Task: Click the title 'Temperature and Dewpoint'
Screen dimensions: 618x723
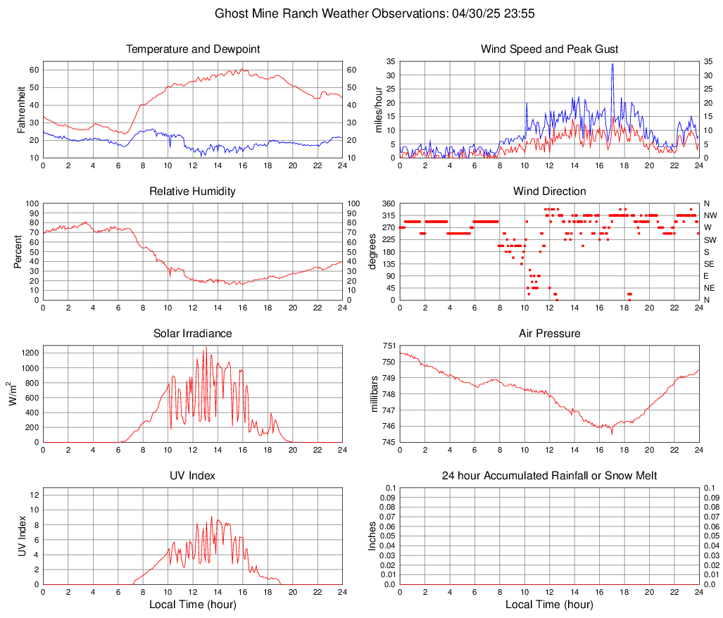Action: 192,49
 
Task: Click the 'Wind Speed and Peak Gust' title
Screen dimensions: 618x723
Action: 549,49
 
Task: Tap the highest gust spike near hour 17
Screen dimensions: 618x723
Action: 612,65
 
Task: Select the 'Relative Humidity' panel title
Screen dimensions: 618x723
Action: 192,191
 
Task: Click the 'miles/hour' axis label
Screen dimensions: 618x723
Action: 378,109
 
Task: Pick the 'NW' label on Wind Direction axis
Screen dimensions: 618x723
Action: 710,215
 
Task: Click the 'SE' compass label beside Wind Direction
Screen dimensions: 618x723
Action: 710,264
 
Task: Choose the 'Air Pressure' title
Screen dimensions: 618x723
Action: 549,334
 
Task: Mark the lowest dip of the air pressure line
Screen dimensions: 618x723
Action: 612,432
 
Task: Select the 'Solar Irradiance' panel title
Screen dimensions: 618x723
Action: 192,334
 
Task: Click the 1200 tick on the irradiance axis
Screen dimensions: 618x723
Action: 28,349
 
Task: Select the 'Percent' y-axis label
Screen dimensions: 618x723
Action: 18,251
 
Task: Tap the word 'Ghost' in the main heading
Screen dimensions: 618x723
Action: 232,13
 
